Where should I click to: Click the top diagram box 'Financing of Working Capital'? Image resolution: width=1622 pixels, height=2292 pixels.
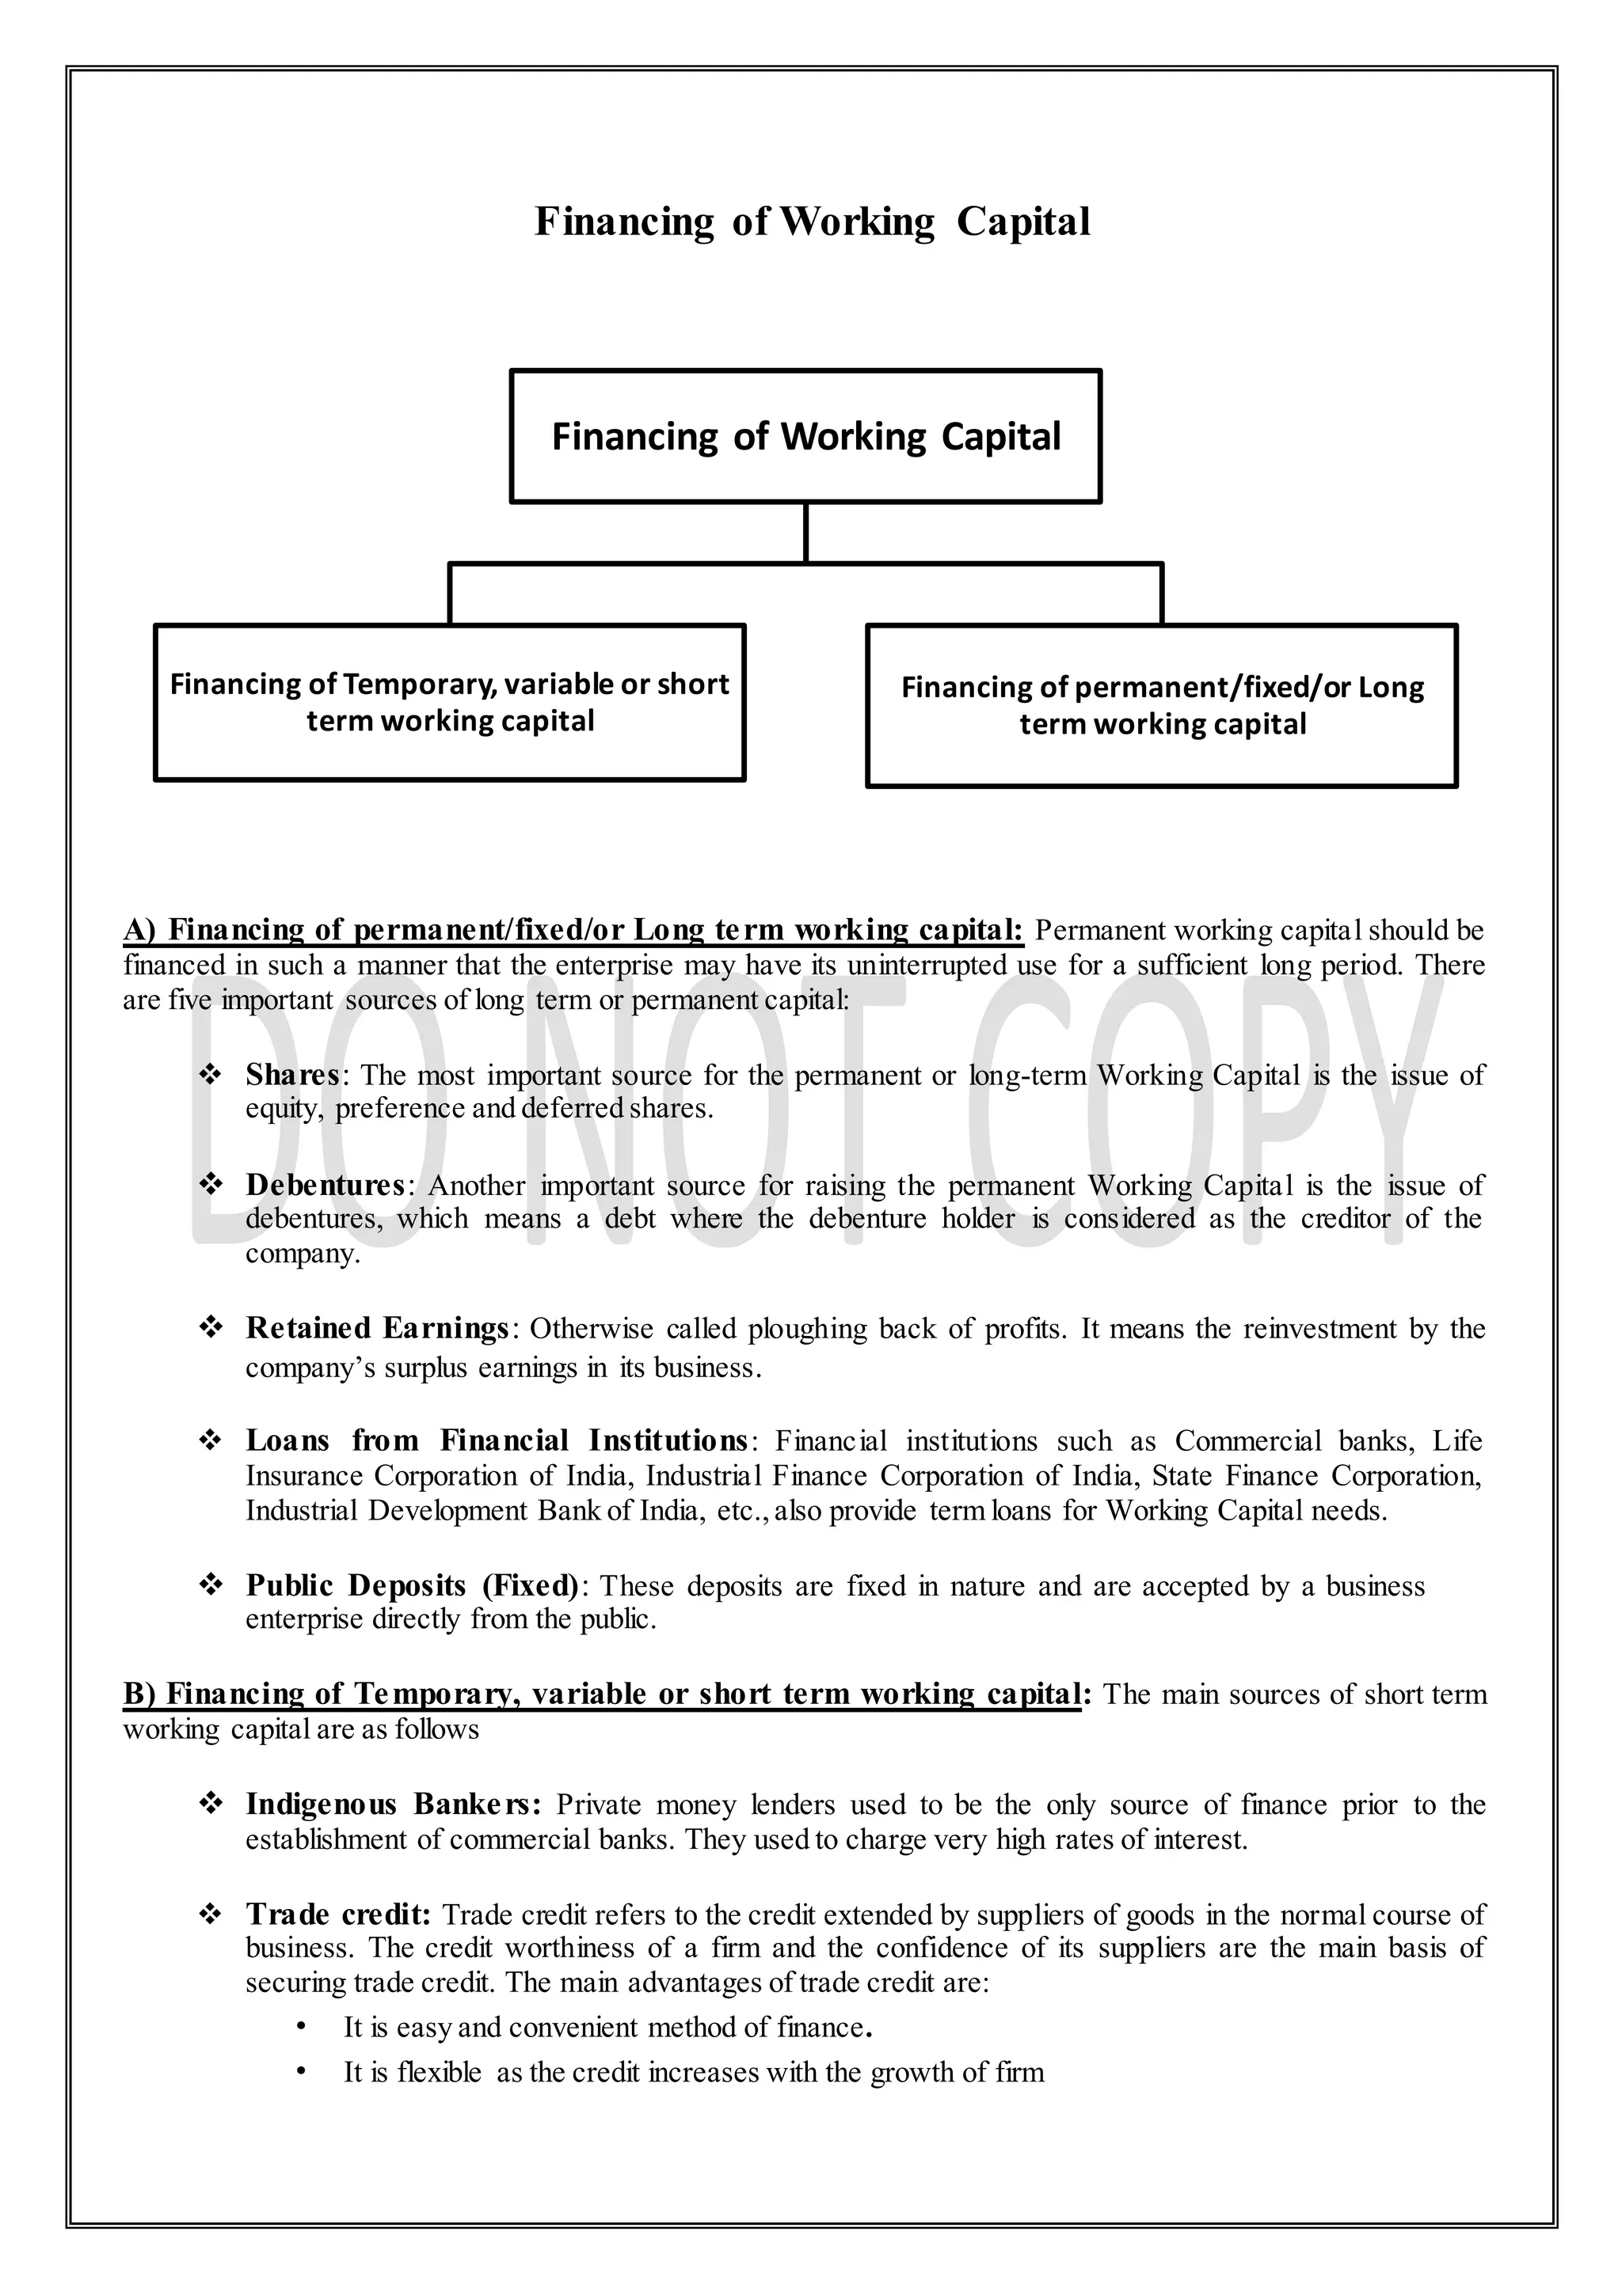(x=805, y=436)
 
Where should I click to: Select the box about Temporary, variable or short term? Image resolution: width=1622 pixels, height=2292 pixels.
(x=449, y=702)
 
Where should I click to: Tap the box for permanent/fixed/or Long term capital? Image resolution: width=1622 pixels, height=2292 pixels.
(x=1162, y=706)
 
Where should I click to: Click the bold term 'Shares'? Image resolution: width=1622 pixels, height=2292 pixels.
(x=292, y=1075)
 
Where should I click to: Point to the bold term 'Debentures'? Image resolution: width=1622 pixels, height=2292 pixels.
(x=326, y=1185)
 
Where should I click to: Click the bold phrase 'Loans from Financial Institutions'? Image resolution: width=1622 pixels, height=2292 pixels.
(x=497, y=1441)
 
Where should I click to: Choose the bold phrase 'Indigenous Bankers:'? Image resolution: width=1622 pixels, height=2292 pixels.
(x=394, y=1804)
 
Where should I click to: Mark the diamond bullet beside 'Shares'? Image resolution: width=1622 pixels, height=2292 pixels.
(x=211, y=1075)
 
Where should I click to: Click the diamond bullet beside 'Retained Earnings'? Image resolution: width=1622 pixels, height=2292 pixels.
(x=211, y=1329)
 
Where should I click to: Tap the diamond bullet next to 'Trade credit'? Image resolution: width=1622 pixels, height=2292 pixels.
(x=211, y=1914)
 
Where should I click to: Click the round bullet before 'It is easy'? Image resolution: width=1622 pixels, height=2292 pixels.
(x=301, y=2028)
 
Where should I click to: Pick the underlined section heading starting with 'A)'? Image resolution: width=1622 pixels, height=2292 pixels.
(x=573, y=931)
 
